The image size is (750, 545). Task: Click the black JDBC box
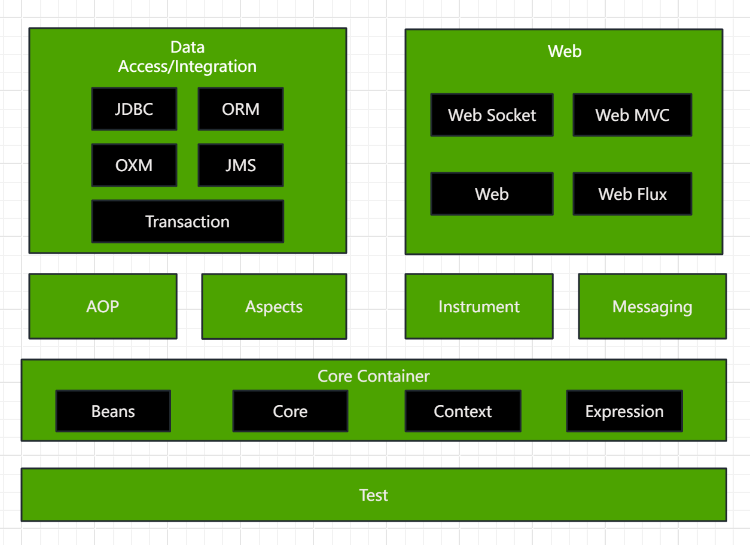[x=134, y=109]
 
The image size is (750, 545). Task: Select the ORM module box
[x=241, y=109]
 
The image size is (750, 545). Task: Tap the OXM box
[x=134, y=165]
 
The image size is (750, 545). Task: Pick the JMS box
[x=241, y=165]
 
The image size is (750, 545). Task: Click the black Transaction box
[x=188, y=221]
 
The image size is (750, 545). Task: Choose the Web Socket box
[x=492, y=115]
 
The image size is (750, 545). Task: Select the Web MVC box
[x=633, y=115]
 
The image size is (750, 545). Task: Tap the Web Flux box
[x=633, y=194]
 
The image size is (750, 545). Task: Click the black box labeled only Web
[x=492, y=194]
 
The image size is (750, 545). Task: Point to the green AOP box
[x=103, y=306]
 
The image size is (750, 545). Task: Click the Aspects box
[x=274, y=306]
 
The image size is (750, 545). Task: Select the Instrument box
[x=479, y=306]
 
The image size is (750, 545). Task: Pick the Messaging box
[x=653, y=306]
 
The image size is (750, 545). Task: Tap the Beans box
[x=113, y=411]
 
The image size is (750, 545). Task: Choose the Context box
[x=463, y=411]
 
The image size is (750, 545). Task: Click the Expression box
[x=624, y=411]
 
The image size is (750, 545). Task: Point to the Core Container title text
[x=374, y=376]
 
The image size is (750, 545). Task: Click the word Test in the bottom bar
[x=374, y=495]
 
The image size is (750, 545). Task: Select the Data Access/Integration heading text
[x=188, y=57]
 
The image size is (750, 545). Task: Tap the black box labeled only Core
[x=290, y=411]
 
